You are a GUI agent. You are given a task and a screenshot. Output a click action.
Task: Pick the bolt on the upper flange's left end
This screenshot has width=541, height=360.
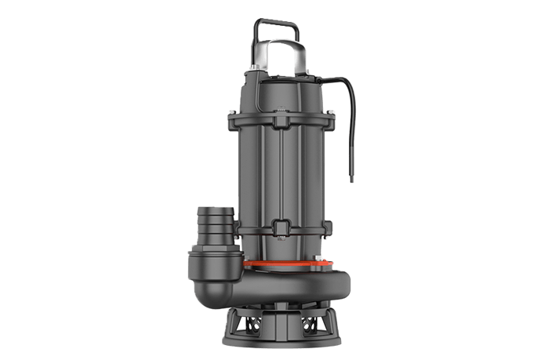(x=234, y=118)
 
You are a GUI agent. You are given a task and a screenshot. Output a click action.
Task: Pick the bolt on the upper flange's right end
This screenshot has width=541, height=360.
(x=335, y=119)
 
